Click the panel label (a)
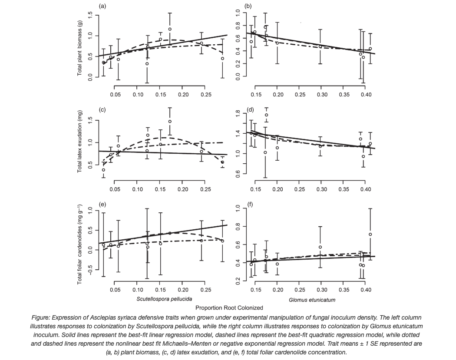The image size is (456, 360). (102, 6)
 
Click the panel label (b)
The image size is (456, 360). (248, 6)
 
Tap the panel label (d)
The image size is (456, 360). (249, 109)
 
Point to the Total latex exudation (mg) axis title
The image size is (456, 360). (80, 141)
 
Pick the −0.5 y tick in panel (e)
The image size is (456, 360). (90, 270)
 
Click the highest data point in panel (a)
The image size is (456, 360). (170, 29)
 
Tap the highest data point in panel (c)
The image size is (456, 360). (170, 122)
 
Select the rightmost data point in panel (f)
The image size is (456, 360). (370, 234)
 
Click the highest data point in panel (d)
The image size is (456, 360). (266, 115)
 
